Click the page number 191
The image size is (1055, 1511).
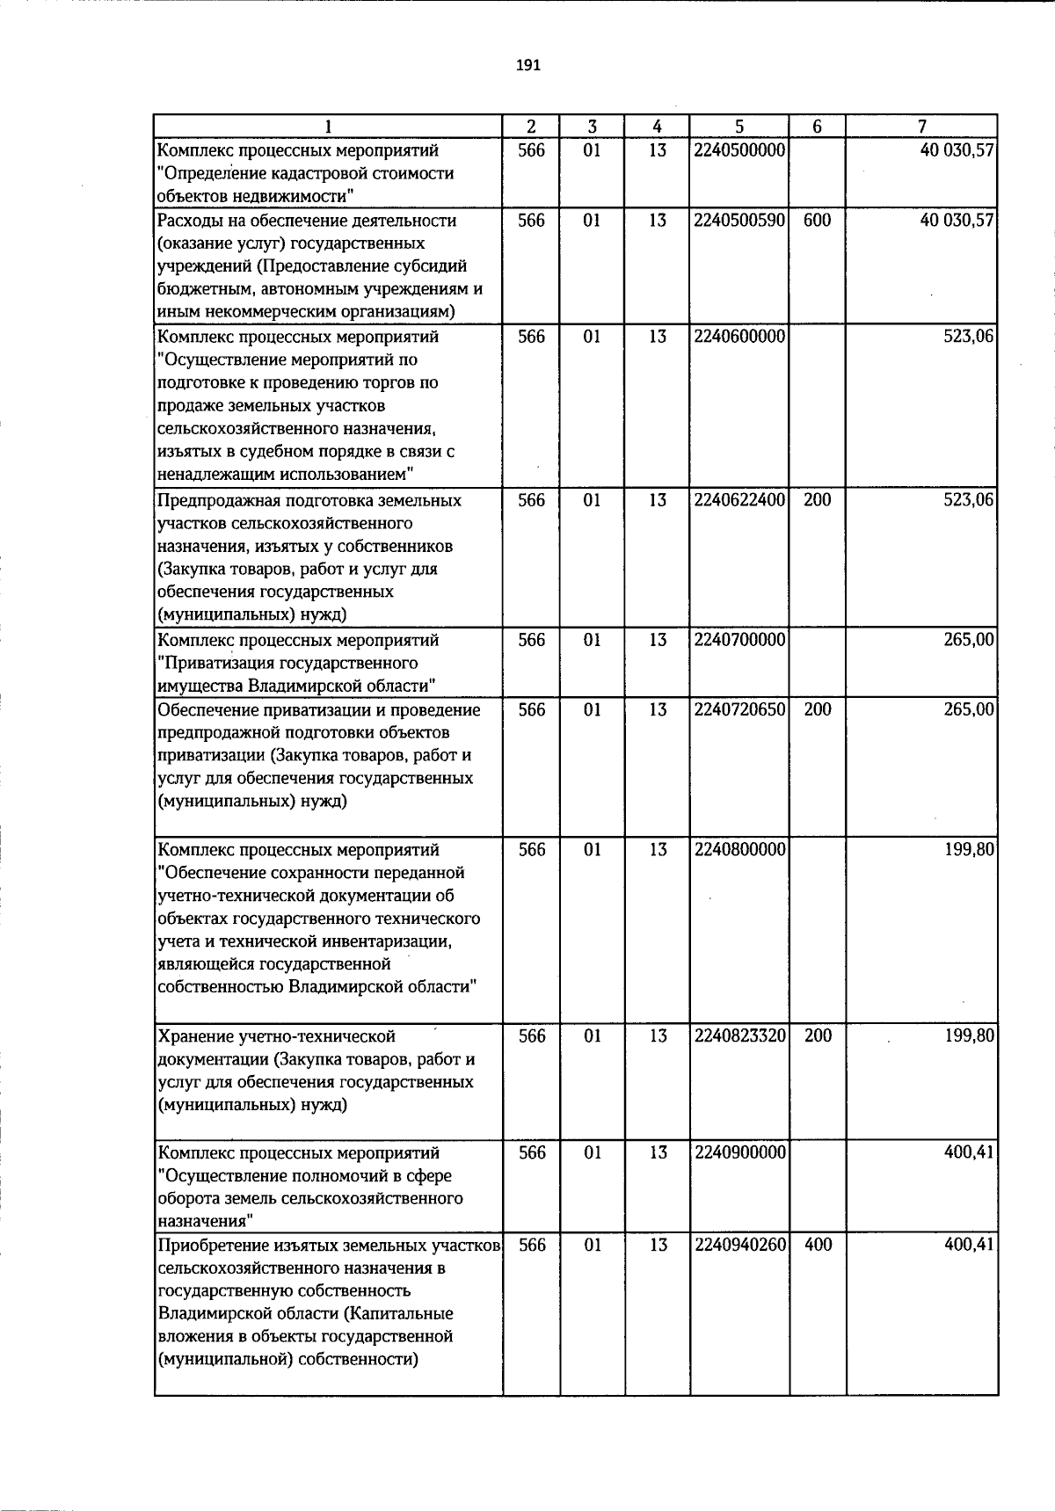click(527, 65)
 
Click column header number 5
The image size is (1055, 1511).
click(739, 127)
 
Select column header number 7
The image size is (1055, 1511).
click(921, 127)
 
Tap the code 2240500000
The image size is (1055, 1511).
click(739, 150)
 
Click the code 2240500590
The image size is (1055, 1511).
click(739, 221)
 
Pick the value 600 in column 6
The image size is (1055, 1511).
click(818, 221)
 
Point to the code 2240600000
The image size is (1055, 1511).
click(739, 337)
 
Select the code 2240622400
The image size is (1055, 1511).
click(739, 500)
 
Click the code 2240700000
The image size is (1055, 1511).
click(739, 640)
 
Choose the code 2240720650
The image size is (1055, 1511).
click(739, 709)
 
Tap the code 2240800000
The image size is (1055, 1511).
click(739, 850)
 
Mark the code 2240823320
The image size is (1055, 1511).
click(739, 1036)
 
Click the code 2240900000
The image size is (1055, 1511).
click(739, 1152)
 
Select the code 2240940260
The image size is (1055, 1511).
click(739, 1245)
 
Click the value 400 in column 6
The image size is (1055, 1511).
click(818, 1245)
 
